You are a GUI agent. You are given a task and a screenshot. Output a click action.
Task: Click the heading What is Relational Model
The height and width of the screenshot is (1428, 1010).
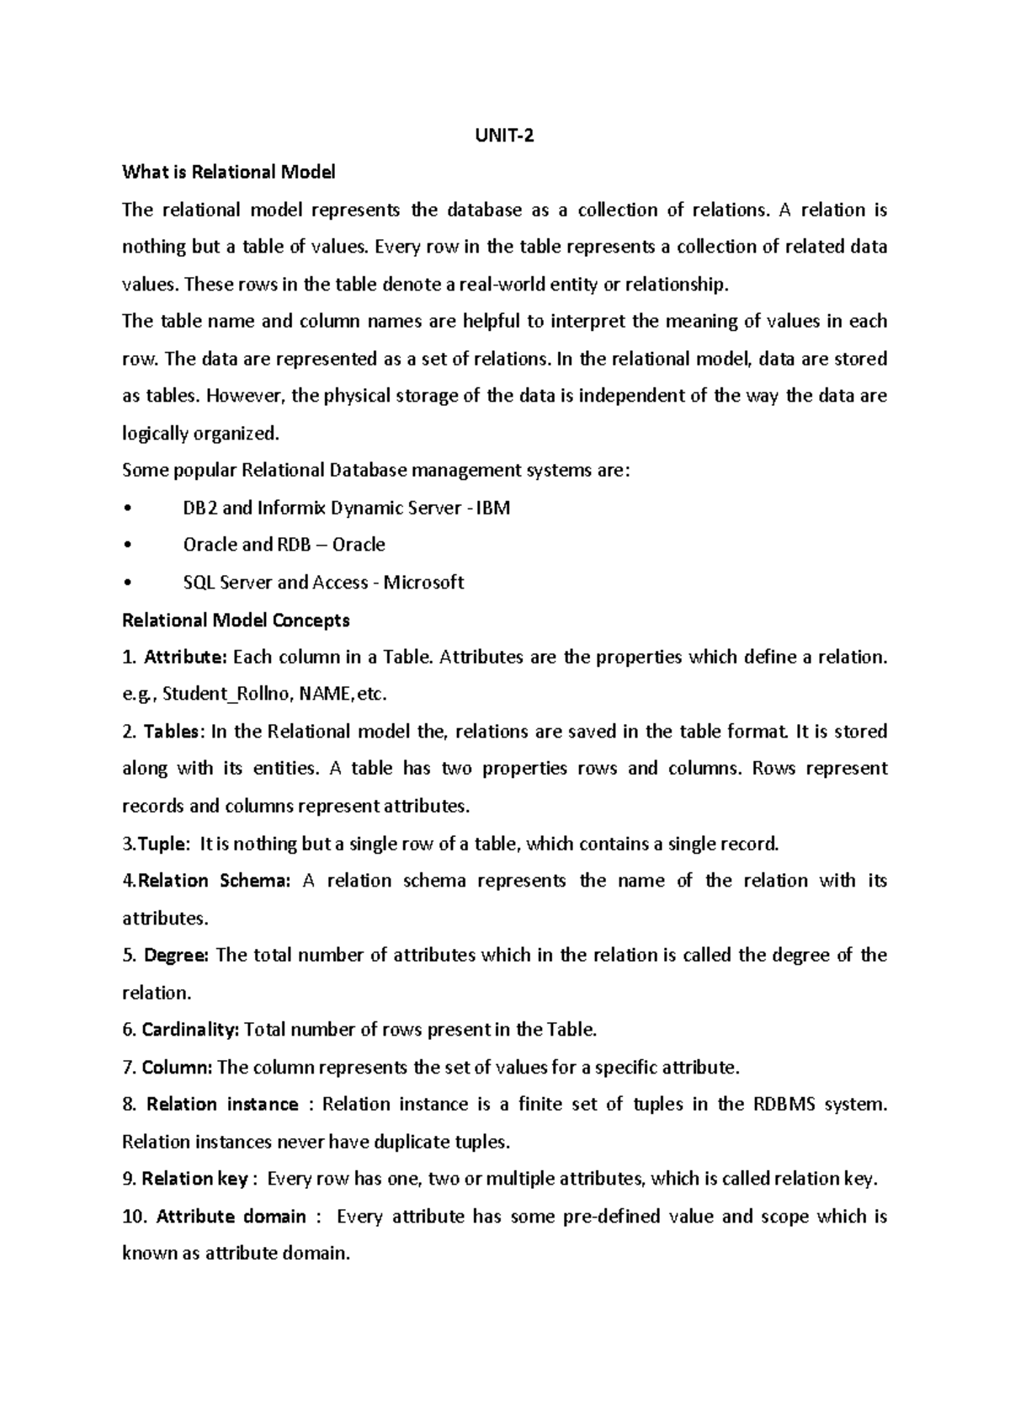[x=229, y=173]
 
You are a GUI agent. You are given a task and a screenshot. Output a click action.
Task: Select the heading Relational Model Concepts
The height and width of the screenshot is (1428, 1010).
[x=236, y=621]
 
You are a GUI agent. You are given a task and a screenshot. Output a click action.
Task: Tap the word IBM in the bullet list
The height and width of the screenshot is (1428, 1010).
[x=493, y=508]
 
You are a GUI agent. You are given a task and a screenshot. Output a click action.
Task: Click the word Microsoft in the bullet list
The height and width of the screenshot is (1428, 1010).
[x=423, y=583]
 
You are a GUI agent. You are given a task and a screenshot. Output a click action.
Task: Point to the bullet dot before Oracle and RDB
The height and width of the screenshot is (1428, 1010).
[x=126, y=546]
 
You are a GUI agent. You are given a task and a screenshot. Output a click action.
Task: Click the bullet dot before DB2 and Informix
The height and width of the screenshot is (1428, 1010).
[x=126, y=509]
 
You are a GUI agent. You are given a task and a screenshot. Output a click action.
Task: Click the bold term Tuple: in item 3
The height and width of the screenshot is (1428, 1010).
[x=163, y=844]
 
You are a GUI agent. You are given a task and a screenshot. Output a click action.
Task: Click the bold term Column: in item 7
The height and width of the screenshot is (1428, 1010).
[x=178, y=1068]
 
